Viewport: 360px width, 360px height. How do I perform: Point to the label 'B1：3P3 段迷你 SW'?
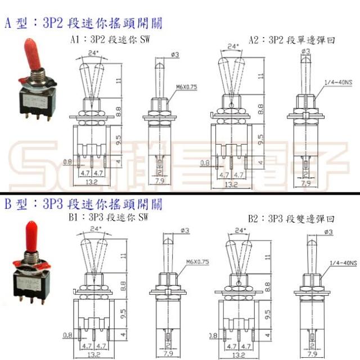107,217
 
